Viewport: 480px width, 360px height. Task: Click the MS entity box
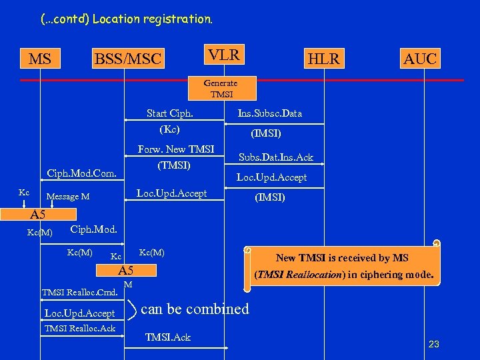(40, 59)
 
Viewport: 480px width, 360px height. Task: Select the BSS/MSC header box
(128, 59)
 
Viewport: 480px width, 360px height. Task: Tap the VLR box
(224, 55)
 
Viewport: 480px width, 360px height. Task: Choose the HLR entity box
(323, 59)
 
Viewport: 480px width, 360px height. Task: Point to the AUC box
(420, 59)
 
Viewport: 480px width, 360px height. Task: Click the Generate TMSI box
(220, 89)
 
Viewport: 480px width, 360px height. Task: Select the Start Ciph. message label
(170, 113)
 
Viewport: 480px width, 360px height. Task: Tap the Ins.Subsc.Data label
(269, 113)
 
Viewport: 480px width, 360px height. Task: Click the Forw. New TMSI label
(175, 149)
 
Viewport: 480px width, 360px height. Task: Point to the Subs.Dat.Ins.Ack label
(276, 158)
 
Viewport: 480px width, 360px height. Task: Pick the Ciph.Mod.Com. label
(82, 175)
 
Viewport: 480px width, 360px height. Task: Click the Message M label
(67, 197)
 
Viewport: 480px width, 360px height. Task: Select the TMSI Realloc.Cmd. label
(80, 292)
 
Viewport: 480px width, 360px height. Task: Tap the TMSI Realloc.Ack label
(79, 328)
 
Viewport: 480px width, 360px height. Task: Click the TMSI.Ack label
(167, 337)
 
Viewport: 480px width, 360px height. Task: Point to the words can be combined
(195, 309)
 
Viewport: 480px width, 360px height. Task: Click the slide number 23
(433, 344)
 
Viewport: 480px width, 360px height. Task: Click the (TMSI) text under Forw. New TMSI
(174, 165)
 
